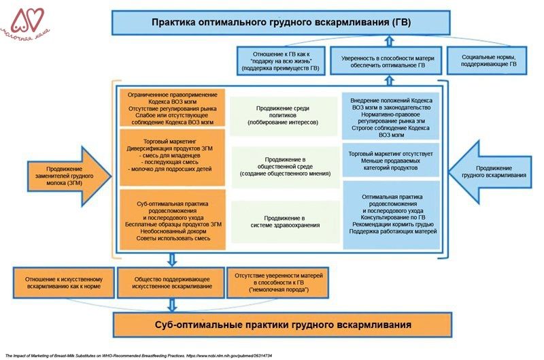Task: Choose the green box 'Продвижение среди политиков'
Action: point(285,112)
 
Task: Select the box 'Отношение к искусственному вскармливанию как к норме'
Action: point(63,283)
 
